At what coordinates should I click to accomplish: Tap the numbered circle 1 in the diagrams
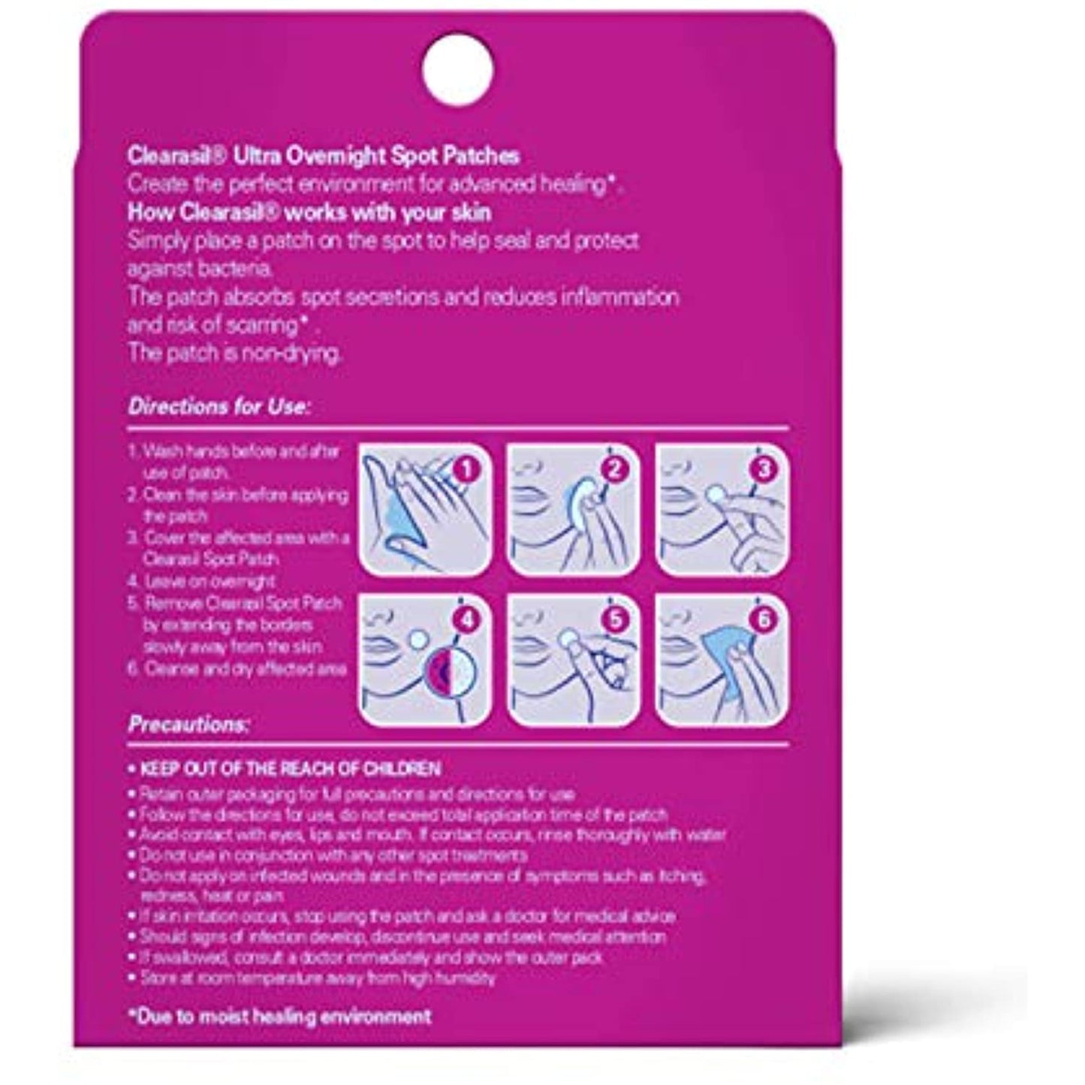(x=468, y=471)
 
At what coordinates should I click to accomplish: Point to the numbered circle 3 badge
(x=764, y=471)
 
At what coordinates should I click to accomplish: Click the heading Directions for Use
(x=219, y=408)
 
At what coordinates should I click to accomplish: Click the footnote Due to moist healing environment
(x=279, y=1017)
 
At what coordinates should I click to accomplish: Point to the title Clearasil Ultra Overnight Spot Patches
(x=324, y=156)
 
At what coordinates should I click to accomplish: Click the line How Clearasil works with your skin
(x=309, y=212)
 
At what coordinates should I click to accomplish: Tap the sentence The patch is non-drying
(x=234, y=354)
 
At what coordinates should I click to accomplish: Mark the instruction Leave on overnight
(x=200, y=581)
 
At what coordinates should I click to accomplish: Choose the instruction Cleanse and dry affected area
(x=236, y=668)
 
